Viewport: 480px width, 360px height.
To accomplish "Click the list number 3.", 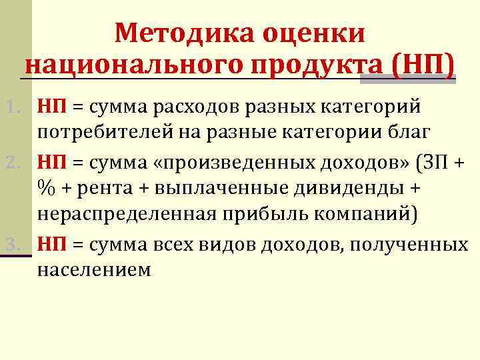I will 14,245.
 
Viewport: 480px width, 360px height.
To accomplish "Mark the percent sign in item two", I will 46,189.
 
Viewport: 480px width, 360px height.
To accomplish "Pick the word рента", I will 111,189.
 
